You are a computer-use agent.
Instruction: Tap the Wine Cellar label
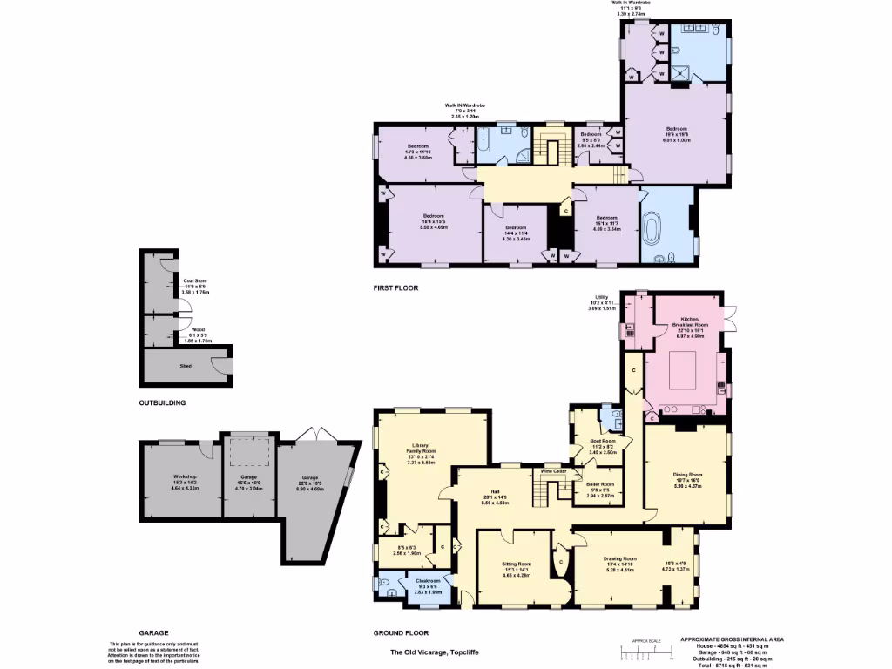[x=553, y=471]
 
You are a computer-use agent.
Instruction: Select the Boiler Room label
[x=601, y=484]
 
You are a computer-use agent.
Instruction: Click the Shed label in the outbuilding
[x=185, y=366]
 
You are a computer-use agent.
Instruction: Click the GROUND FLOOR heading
[x=402, y=633]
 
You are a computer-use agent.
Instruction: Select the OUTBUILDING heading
[x=162, y=403]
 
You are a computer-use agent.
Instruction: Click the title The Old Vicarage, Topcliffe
[x=433, y=652]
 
